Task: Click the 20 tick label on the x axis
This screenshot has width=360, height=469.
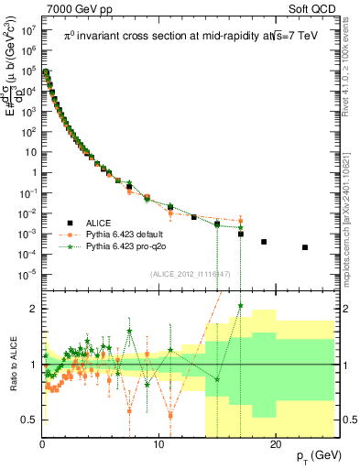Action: [x=275, y=447]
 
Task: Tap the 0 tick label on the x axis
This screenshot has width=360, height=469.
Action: [x=43, y=447]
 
